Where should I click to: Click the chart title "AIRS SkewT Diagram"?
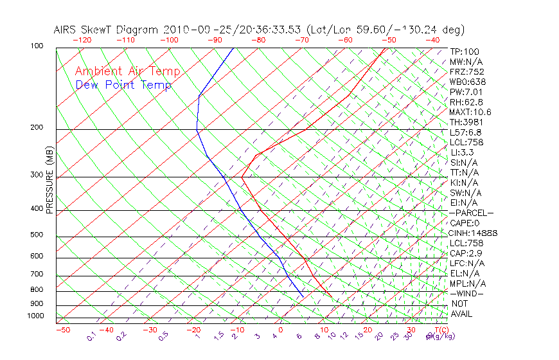107,30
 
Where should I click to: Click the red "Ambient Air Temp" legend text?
127,71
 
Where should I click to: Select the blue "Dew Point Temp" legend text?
123,85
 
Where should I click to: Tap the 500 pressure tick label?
37,235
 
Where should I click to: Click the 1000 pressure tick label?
36,316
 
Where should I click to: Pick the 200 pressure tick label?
37,128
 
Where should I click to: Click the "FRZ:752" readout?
466,71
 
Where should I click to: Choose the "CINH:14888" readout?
474,233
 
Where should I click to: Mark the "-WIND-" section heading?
466,293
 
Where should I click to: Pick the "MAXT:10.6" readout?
470,112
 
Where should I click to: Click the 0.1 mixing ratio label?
91,336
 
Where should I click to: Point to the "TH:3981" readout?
465,122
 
